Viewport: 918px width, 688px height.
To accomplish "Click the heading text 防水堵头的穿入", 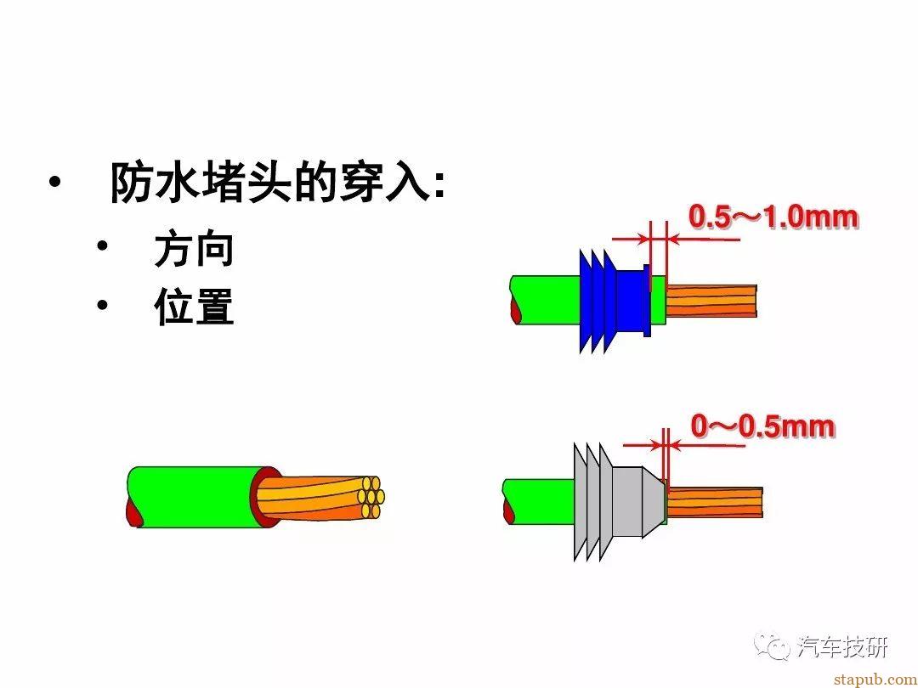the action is click(270, 183).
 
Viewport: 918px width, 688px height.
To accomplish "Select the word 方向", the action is click(195, 250).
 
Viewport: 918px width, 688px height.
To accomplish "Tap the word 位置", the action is click(195, 306).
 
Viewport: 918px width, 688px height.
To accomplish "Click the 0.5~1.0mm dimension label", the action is click(773, 217).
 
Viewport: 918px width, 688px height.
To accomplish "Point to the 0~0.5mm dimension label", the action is click(762, 426).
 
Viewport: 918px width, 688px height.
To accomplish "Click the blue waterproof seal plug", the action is click(615, 301).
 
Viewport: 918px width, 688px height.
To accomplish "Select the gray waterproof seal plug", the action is click(619, 501).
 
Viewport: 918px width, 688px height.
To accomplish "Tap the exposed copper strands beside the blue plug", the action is click(711, 301).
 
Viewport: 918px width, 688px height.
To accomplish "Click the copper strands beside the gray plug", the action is click(714, 502).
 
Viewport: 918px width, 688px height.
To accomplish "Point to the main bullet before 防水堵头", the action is click(55, 182).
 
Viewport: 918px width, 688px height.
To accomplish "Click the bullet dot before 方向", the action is click(103, 245).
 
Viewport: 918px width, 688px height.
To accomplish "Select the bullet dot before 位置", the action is click(103, 305).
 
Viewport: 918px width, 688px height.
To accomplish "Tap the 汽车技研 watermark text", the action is click(843, 646).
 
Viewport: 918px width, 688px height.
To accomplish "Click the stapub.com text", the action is click(875, 680).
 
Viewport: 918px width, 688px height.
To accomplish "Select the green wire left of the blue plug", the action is click(546, 300).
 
